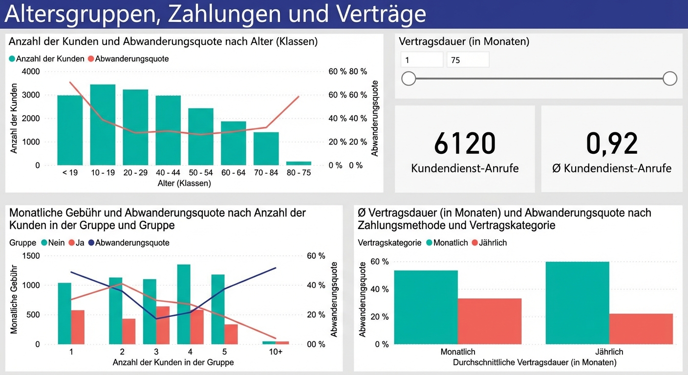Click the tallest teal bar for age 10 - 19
(103, 125)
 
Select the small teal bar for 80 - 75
(299, 163)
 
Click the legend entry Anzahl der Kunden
(46, 59)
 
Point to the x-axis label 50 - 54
(200, 172)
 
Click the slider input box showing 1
(422, 60)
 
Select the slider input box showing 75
(467, 60)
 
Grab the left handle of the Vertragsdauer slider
(408, 78)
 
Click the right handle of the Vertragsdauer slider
(670, 78)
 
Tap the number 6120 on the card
(465, 144)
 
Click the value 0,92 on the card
(612, 144)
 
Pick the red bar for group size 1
(78, 327)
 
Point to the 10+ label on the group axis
(276, 352)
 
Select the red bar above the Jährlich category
(641, 329)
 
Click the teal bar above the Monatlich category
(426, 307)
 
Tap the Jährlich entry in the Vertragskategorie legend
(489, 243)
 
